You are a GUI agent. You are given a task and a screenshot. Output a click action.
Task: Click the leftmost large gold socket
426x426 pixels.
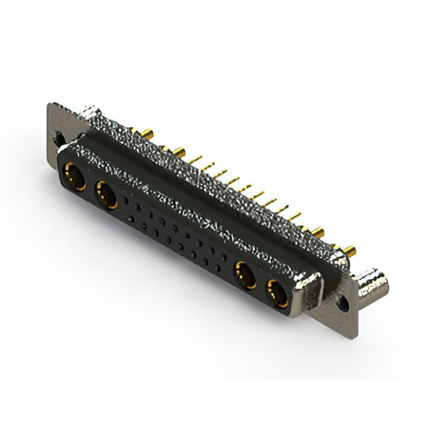tap(73, 177)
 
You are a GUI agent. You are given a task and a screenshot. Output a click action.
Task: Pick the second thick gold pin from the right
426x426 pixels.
tap(319, 232)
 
